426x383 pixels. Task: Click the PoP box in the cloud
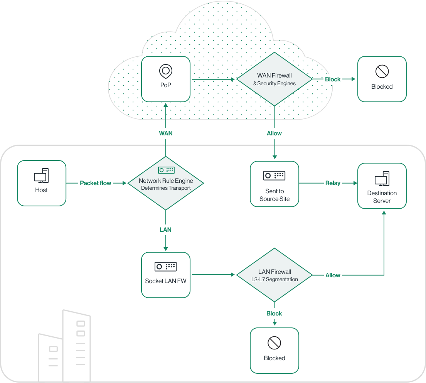click(x=166, y=79)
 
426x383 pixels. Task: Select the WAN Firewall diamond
click(x=274, y=79)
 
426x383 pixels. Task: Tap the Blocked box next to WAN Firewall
click(x=382, y=79)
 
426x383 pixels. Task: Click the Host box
click(x=42, y=183)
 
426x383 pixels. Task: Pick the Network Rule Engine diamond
click(x=165, y=183)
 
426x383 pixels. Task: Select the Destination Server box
click(x=382, y=186)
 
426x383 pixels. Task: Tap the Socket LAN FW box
click(x=165, y=275)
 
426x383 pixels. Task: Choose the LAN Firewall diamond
click(x=274, y=275)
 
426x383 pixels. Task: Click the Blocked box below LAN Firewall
click(x=274, y=350)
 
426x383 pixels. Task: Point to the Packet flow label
click(x=95, y=183)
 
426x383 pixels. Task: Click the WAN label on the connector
click(x=166, y=133)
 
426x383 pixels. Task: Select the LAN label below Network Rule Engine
click(x=165, y=229)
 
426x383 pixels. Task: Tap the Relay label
click(x=333, y=183)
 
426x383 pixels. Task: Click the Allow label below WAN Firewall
click(x=274, y=133)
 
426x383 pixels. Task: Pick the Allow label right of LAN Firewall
click(x=333, y=275)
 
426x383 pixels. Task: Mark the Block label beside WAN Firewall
click(x=333, y=79)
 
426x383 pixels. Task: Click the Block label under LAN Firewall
click(x=274, y=313)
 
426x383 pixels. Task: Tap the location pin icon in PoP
click(x=166, y=71)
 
